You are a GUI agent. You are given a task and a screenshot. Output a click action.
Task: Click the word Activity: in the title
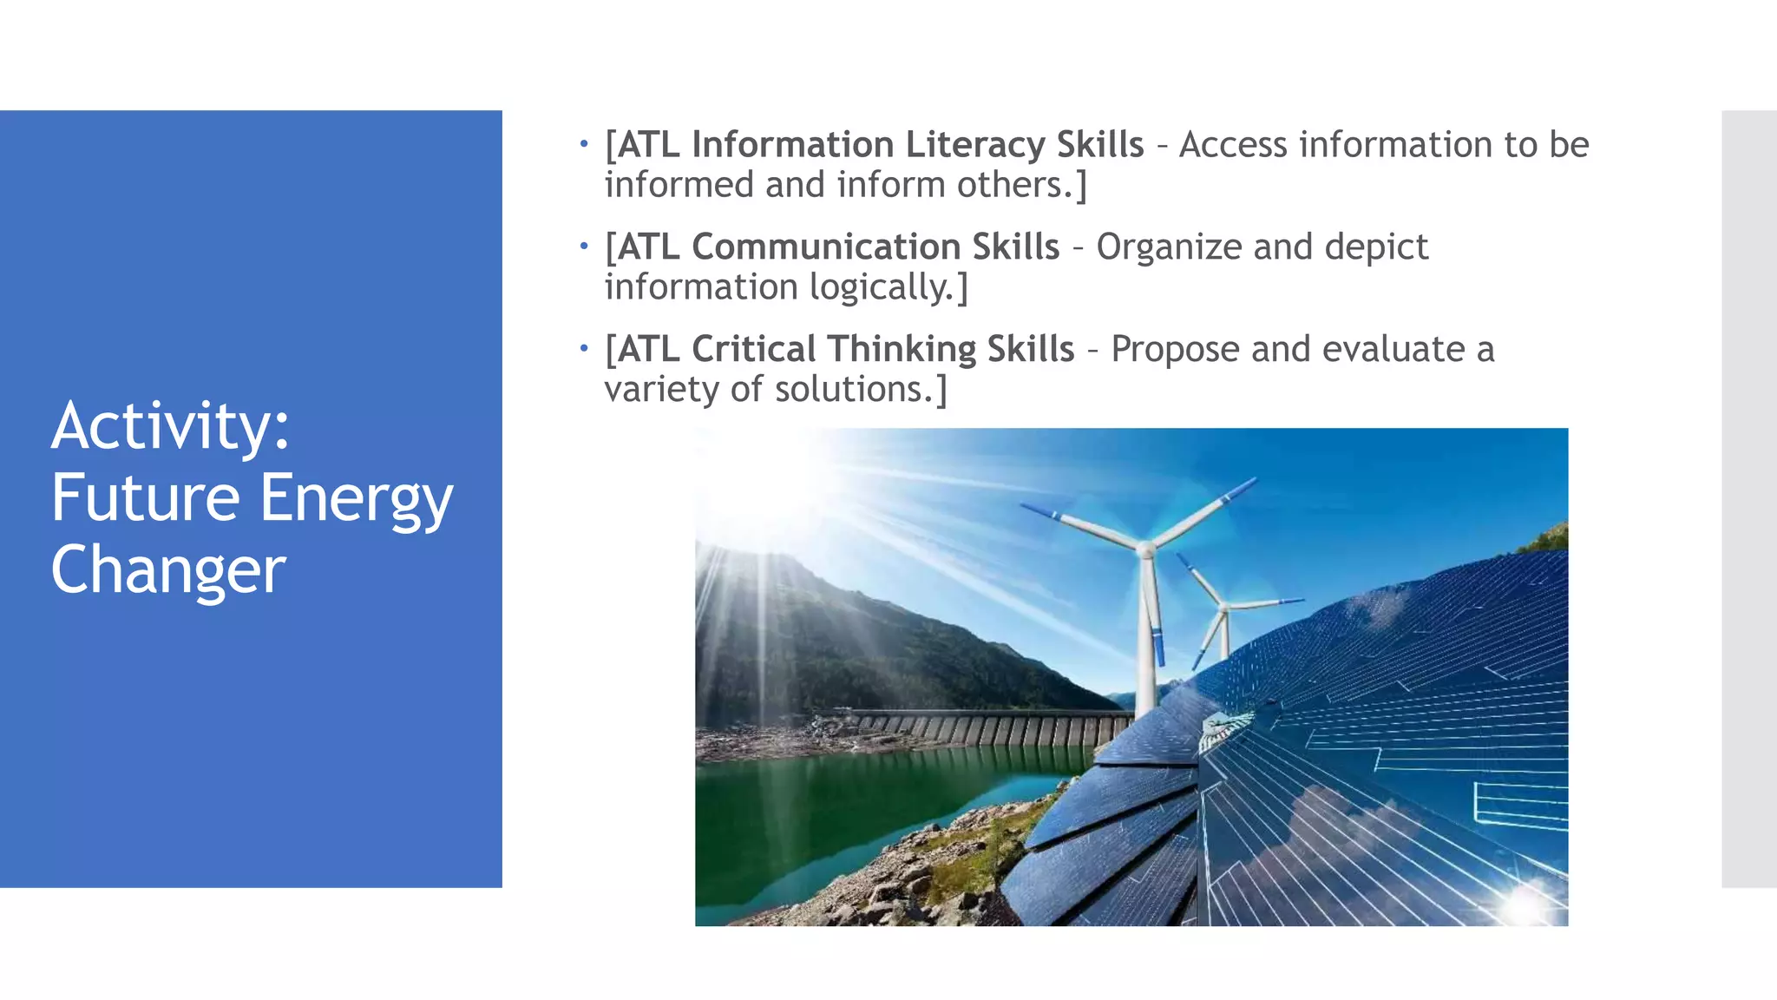[x=170, y=426]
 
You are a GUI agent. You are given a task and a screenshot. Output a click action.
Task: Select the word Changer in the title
[x=168, y=570]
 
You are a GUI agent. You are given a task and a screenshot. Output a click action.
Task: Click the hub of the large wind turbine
[x=1145, y=549]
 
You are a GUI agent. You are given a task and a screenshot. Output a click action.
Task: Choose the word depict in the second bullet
[x=1376, y=247]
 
